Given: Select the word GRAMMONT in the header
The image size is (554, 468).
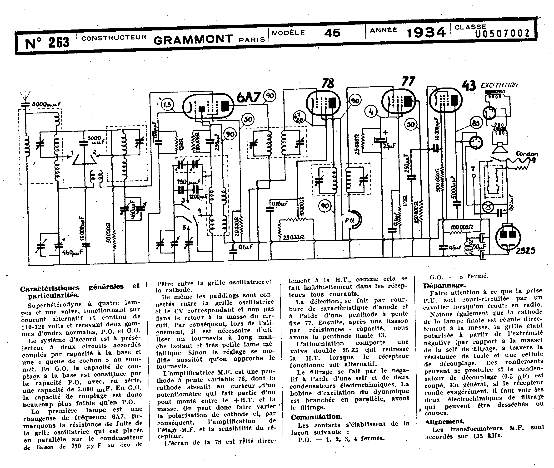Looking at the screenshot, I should pyautogui.click(x=193, y=39).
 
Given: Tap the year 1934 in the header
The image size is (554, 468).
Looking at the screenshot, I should pyautogui.click(x=426, y=33).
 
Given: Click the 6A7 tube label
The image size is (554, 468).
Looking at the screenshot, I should pyautogui.click(x=248, y=97).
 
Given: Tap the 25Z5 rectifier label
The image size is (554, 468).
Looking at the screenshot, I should pyautogui.click(x=526, y=250).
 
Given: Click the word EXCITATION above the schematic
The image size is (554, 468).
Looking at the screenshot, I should pyautogui.click(x=499, y=85).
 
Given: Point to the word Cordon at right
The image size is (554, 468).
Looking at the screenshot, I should pyautogui.click(x=527, y=154).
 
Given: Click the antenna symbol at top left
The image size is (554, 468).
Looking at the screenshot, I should pyautogui.click(x=25, y=96).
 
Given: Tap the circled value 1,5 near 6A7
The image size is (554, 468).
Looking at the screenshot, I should pyautogui.click(x=167, y=105).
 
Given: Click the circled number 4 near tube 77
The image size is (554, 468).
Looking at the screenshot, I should pyautogui.click(x=371, y=112).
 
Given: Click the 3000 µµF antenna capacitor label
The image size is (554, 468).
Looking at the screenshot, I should pyautogui.click(x=46, y=104).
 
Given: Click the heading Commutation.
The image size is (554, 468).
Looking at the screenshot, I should pyautogui.click(x=316, y=417).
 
